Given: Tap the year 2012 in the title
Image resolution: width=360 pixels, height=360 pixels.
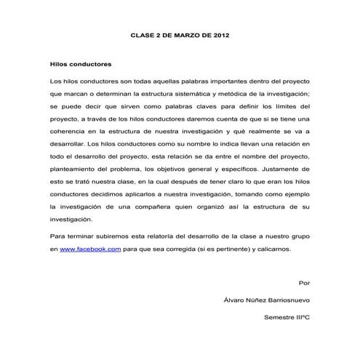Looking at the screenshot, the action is [227, 34].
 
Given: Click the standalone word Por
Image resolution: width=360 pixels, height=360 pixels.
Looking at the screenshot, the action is [305, 282].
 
